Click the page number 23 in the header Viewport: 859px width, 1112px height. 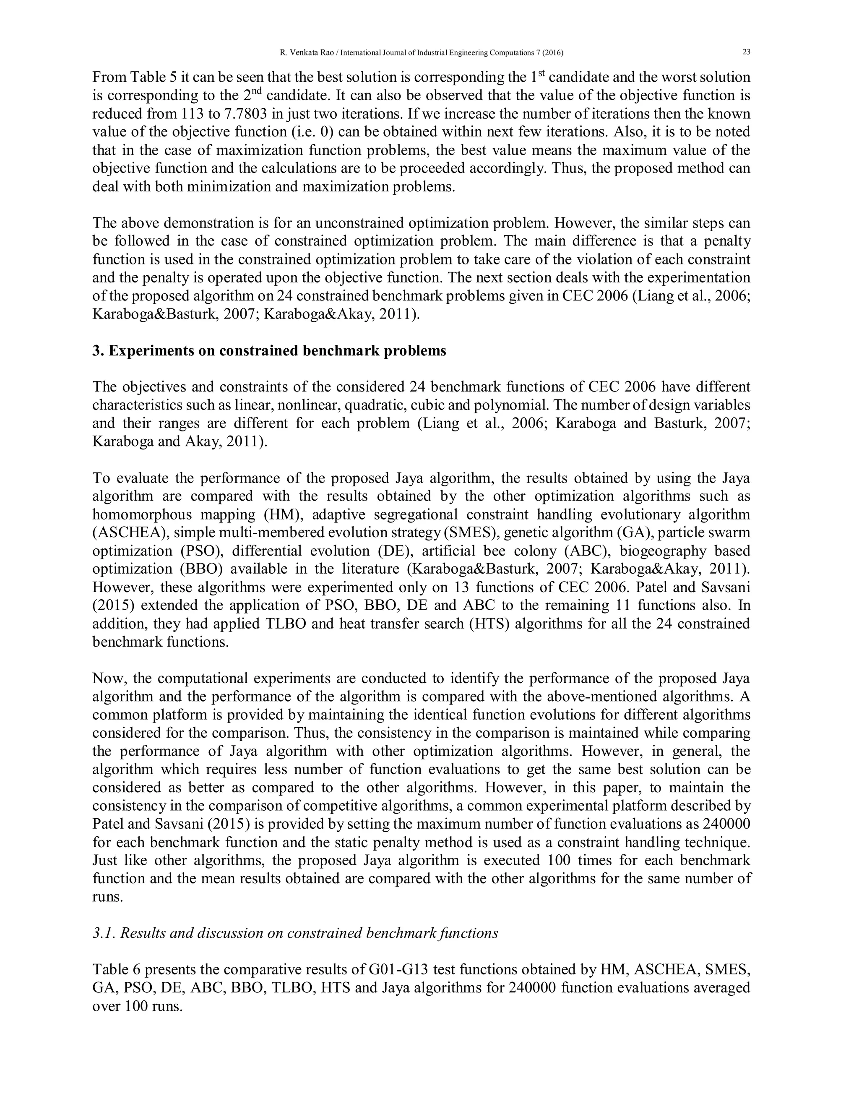[747, 52]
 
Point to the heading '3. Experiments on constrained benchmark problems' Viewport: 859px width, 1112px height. [269, 351]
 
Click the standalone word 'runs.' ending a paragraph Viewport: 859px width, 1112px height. [108, 897]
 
